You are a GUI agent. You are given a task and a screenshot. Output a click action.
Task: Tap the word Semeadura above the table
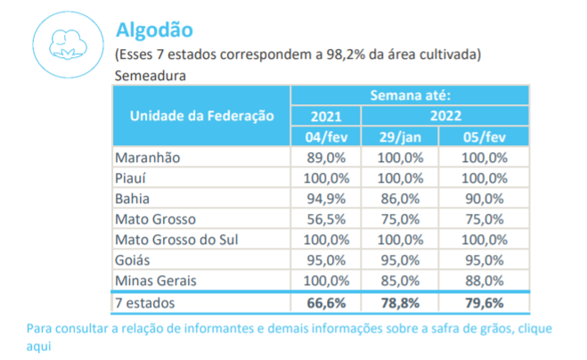(150, 75)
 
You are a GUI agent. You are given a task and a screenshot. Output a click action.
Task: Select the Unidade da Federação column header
(201, 116)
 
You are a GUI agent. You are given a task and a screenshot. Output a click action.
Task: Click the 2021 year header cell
(325, 116)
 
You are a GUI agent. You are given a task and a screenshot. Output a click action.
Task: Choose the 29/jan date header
(399, 135)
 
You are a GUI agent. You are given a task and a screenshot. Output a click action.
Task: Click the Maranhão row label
(148, 157)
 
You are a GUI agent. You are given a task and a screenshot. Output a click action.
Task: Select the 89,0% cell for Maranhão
(325, 157)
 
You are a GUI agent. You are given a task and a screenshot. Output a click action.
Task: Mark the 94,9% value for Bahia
(325, 198)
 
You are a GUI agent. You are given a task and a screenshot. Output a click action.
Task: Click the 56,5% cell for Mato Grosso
(325, 219)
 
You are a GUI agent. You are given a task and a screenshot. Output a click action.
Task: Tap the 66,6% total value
(325, 303)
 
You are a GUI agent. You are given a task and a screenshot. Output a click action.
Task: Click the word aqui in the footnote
(41, 345)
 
